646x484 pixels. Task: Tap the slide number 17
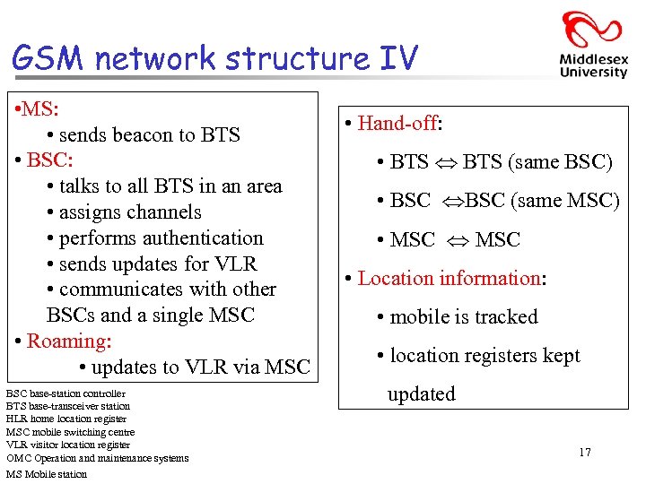tap(585, 453)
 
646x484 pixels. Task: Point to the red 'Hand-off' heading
tap(397, 124)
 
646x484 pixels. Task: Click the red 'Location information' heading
tap(449, 278)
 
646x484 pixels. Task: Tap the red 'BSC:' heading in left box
tap(49, 160)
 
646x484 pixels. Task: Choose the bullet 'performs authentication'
tap(161, 238)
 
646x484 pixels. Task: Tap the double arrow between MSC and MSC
tap(455, 240)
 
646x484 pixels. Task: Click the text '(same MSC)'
tap(565, 201)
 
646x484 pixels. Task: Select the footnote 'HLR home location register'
tap(66, 419)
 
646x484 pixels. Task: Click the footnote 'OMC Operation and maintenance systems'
tap(97, 458)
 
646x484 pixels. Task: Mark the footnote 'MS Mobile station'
tap(47, 474)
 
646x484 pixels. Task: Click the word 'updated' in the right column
tap(421, 394)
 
